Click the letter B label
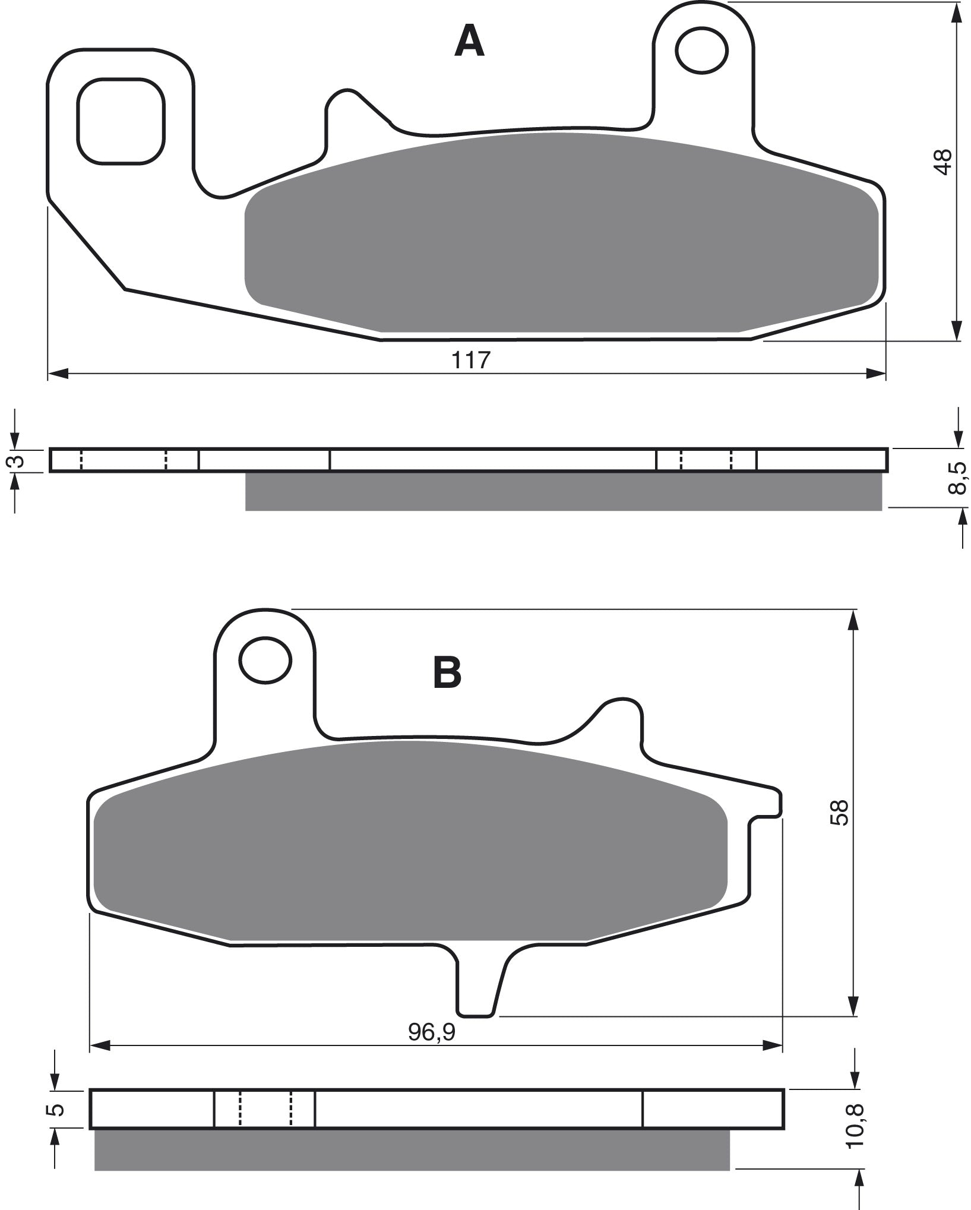447,673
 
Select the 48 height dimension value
942,161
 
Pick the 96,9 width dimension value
431,1033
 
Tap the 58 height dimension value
842,813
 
